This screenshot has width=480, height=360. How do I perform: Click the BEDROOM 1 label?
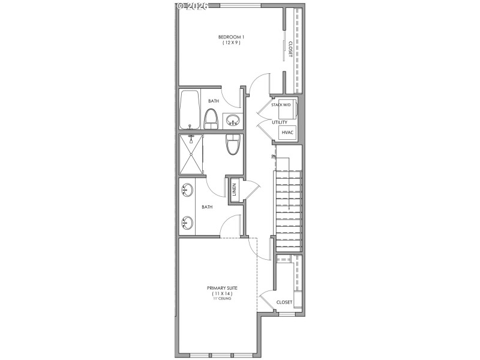click(x=230, y=37)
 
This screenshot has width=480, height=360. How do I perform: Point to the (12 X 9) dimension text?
click(x=230, y=43)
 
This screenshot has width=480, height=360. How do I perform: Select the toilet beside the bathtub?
click(x=211, y=118)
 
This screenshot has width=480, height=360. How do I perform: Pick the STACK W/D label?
click(x=281, y=105)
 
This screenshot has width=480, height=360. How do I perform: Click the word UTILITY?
click(x=280, y=122)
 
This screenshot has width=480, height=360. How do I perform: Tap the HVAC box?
click(x=287, y=132)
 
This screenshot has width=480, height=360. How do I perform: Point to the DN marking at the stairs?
click(x=274, y=157)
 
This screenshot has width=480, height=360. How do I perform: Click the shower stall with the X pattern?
click(x=191, y=155)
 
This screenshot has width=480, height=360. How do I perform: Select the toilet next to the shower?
click(x=232, y=145)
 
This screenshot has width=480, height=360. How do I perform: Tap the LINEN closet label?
click(x=235, y=190)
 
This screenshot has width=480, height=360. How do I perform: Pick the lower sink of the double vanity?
click(x=187, y=224)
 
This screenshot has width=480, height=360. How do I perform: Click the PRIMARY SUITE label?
click(x=222, y=288)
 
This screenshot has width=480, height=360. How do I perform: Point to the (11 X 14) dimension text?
click(x=222, y=293)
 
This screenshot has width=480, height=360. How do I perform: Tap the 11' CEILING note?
click(x=222, y=298)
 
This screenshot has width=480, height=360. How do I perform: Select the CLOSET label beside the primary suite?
click(x=284, y=302)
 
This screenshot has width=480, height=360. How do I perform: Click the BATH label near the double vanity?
click(x=207, y=207)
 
